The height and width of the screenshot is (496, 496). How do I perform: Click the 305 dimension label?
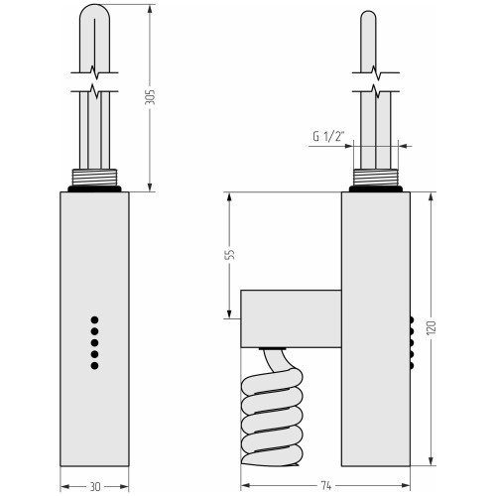click(x=150, y=97)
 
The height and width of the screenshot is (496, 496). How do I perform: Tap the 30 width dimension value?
click(x=95, y=487)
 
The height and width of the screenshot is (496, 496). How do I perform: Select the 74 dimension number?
click(x=325, y=486)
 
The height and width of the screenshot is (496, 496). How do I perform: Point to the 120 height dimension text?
click(x=432, y=327)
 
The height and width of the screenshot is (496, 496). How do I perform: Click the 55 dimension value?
click(x=230, y=254)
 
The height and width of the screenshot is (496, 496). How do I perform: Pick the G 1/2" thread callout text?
click(x=328, y=136)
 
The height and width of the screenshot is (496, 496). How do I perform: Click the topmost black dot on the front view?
click(x=94, y=320)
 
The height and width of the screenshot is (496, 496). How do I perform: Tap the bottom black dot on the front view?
click(x=94, y=365)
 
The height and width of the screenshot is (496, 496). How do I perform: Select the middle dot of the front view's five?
click(x=94, y=342)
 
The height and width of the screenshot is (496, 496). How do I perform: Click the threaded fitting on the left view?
click(x=94, y=178)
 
